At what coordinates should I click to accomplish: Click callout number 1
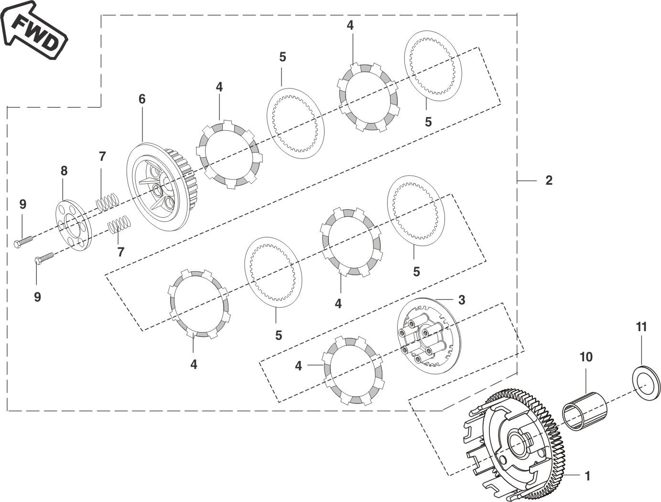pyautogui.click(x=587, y=476)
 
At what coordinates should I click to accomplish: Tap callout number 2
pyautogui.click(x=549, y=180)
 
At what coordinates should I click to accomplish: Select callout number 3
pyautogui.click(x=461, y=300)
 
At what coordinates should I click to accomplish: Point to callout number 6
pyautogui.click(x=142, y=99)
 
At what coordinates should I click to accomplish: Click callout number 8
pyautogui.click(x=64, y=171)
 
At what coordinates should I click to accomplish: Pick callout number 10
pyautogui.click(x=586, y=357)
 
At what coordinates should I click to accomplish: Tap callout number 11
pyautogui.click(x=641, y=327)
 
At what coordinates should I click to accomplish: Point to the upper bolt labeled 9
pyautogui.click(x=23, y=241)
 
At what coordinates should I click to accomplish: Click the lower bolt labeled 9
pyautogui.click(x=44, y=259)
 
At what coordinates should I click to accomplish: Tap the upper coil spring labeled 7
pyautogui.click(x=107, y=201)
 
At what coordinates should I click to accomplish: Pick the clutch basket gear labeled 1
pyautogui.click(x=516, y=445)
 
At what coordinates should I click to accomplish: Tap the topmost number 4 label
pyautogui.click(x=350, y=26)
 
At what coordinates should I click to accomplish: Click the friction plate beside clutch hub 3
pyautogui.click(x=354, y=371)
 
